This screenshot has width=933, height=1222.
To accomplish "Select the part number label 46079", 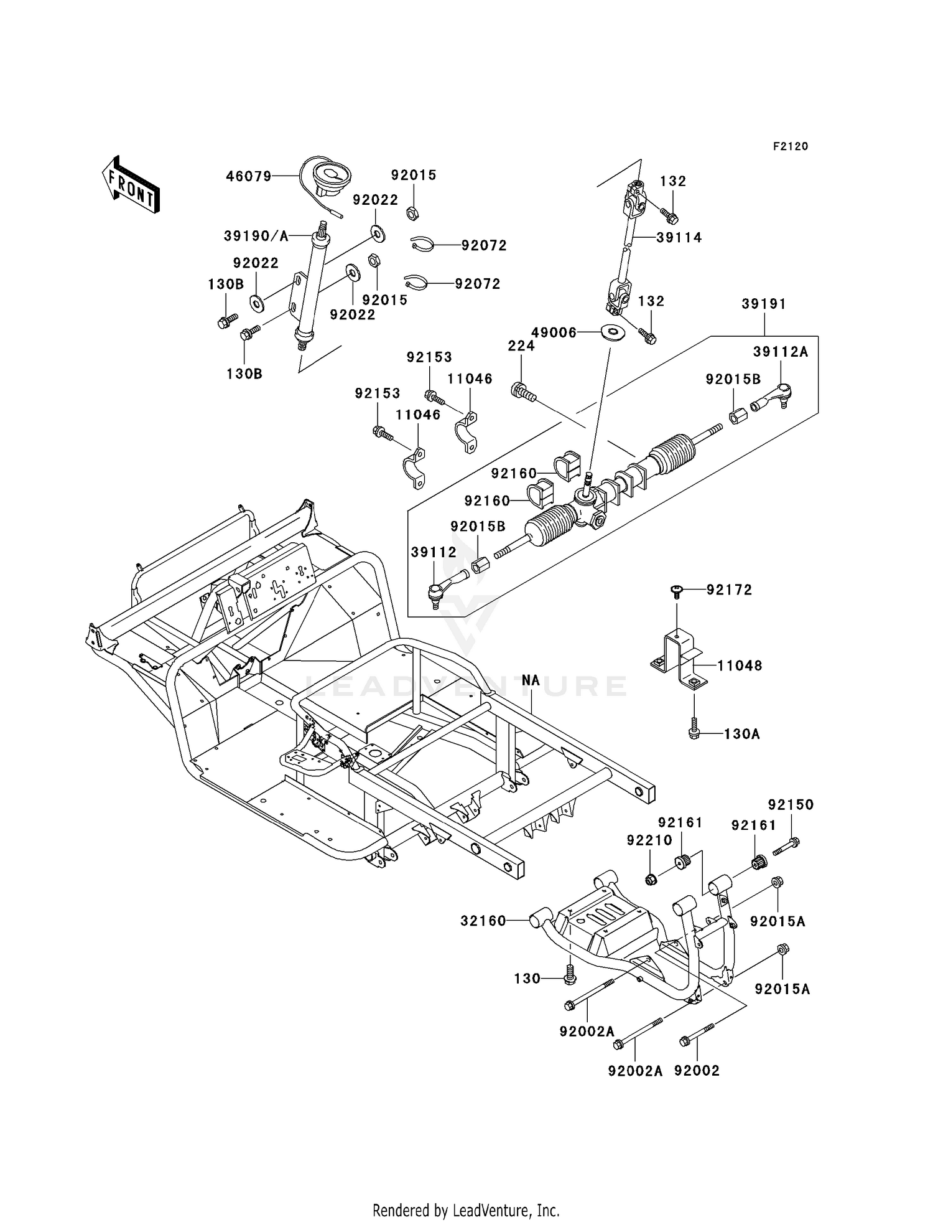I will (x=248, y=177).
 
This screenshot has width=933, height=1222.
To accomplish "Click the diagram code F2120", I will (x=791, y=146).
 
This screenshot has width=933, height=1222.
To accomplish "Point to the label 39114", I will (x=679, y=237).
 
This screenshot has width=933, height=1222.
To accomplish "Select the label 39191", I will (x=764, y=304).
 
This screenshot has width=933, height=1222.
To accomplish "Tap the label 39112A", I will (x=780, y=352).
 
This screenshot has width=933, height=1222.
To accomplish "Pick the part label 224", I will (x=521, y=345).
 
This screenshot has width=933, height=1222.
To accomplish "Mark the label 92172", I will (x=729, y=590).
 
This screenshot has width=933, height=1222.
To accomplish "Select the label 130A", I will (x=742, y=734).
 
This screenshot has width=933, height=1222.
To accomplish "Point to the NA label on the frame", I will (x=531, y=680).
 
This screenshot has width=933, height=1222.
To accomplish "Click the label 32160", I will (x=483, y=921).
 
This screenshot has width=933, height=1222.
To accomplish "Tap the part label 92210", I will (x=649, y=840).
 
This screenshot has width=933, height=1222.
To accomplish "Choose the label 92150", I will (x=791, y=805).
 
